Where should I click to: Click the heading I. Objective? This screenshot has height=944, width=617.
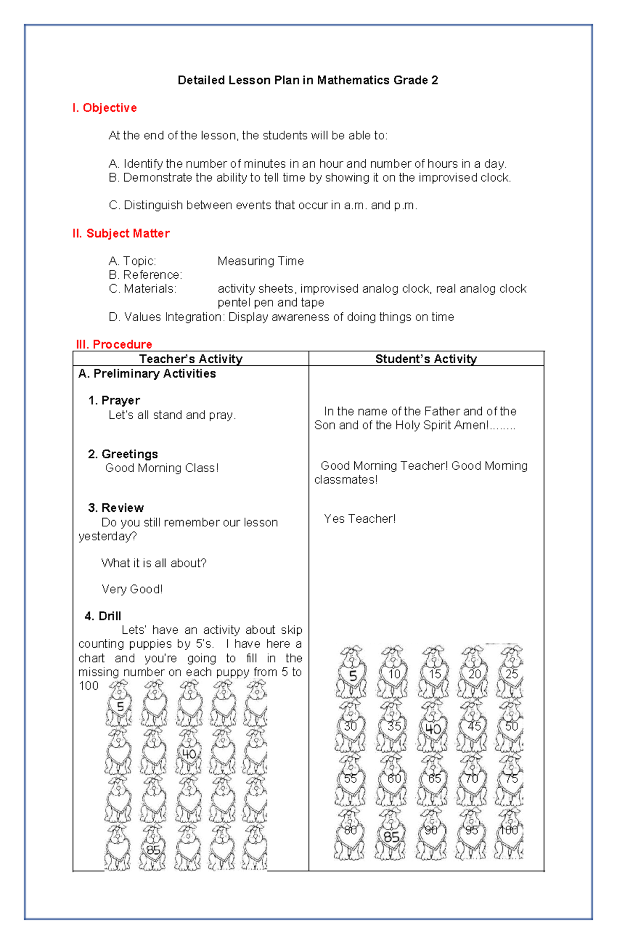pyautogui.click(x=104, y=108)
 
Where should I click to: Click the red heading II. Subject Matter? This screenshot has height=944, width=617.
pyautogui.click(x=121, y=234)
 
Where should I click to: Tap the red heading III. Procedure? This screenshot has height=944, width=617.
pyautogui.click(x=114, y=344)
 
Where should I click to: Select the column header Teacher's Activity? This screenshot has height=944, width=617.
pyautogui.click(x=190, y=359)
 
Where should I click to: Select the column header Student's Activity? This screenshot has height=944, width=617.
pyautogui.click(x=426, y=359)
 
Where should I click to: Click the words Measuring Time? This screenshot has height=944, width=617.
pyautogui.click(x=260, y=261)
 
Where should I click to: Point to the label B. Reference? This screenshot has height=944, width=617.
pyautogui.click(x=146, y=275)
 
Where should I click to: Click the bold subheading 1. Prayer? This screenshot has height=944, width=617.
pyautogui.click(x=114, y=400)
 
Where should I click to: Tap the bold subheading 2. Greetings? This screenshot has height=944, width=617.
pyautogui.click(x=122, y=454)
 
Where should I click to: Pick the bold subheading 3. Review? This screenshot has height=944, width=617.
pyautogui.click(x=116, y=508)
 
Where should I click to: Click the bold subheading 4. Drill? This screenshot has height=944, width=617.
pyautogui.click(x=103, y=616)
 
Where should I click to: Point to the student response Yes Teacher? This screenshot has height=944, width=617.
pyautogui.click(x=359, y=519)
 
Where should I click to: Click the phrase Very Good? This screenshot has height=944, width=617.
pyautogui.click(x=132, y=589)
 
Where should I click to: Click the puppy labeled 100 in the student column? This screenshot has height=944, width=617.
pyautogui.click(x=509, y=833)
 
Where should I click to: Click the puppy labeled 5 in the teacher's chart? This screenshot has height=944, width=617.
pyautogui.click(x=119, y=704)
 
